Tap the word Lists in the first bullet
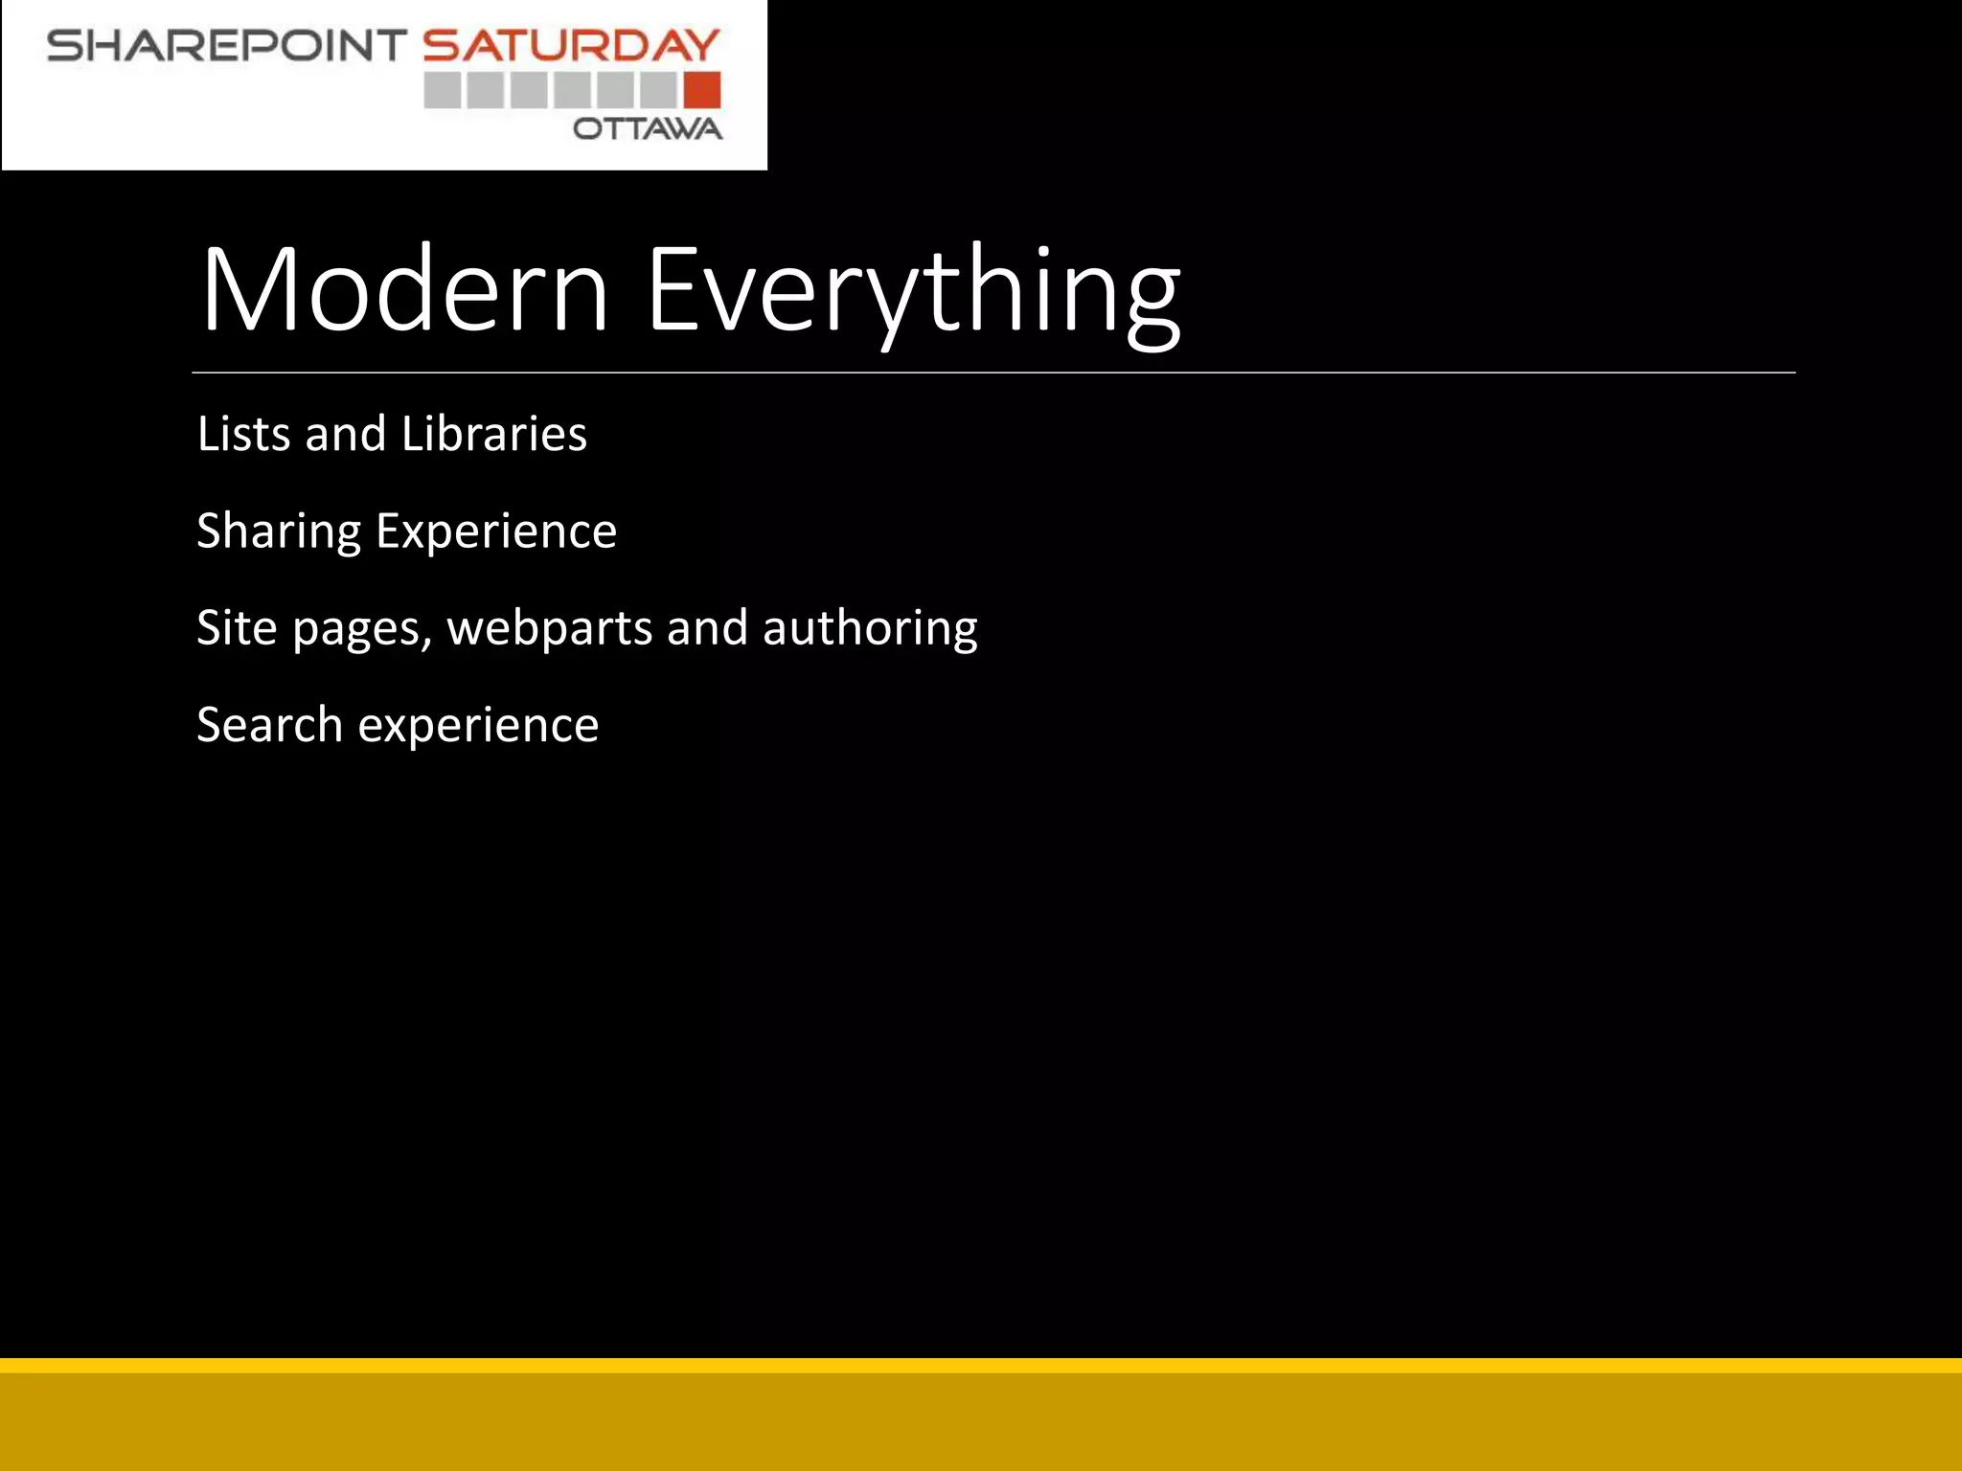[243, 434]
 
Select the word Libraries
[494, 434]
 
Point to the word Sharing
[279, 532]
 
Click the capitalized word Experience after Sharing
[496, 532]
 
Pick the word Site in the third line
[237, 628]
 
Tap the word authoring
[870, 628]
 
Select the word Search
[269, 725]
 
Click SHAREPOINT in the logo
[227, 46]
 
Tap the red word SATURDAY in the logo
[571, 46]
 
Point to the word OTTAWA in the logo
[648, 129]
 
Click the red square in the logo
[702, 90]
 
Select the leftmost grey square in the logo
[443, 90]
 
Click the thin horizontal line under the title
[992, 373]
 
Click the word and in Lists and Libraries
[345, 434]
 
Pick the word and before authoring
[707, 628]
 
